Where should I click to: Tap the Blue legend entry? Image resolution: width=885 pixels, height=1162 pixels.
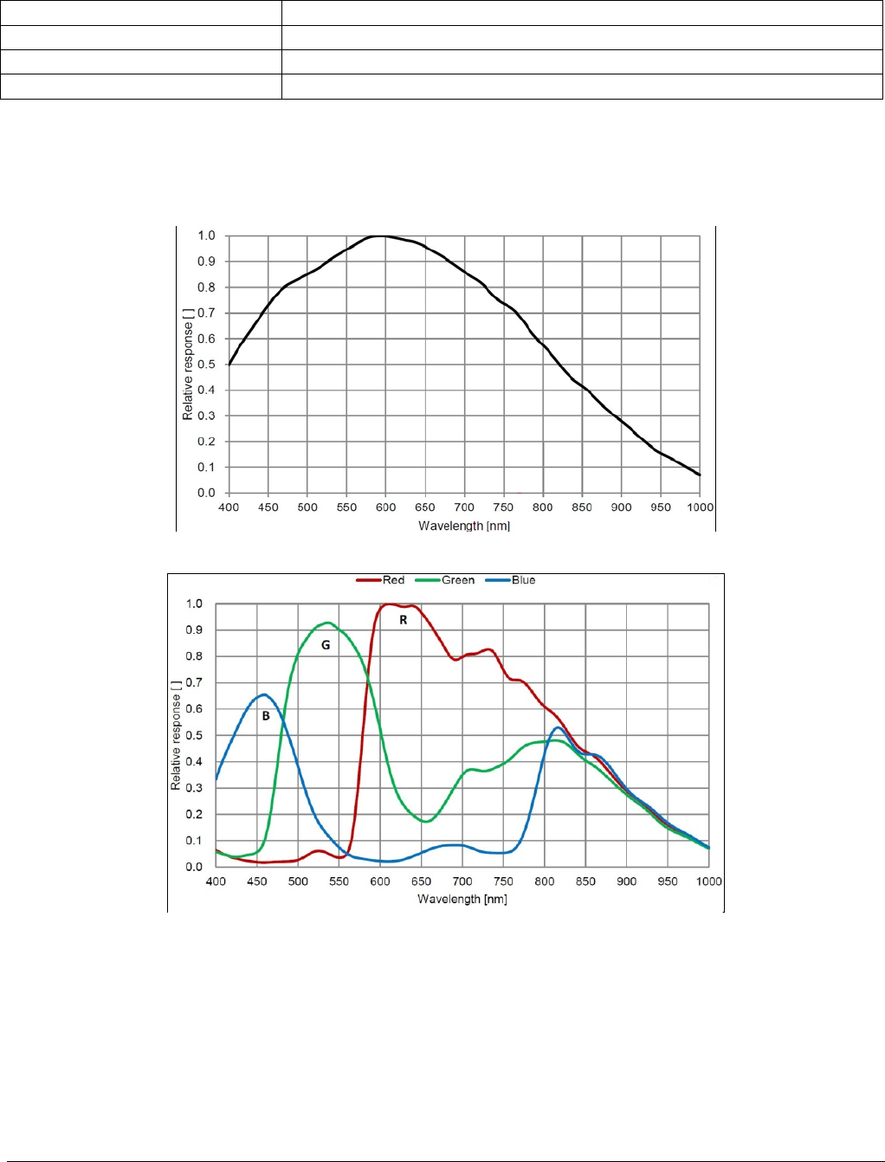(523, 580)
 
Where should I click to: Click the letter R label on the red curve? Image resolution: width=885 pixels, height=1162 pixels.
(404, 620)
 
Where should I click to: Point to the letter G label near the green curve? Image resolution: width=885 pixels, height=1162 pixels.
(326, 645)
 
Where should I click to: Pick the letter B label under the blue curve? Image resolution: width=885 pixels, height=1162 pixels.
(266, 716)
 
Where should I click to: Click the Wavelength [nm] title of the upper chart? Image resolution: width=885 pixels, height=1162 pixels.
(464, 526)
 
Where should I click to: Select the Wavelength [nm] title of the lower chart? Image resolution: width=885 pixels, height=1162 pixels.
(462, 899)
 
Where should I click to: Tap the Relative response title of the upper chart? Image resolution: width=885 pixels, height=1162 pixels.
(188, 364)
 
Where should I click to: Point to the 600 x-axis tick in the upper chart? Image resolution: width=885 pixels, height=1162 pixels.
(385, 507)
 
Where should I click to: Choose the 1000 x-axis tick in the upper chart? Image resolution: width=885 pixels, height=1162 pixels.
(700, 507)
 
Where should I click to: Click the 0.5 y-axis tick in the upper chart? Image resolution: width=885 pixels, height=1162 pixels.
(206, 365)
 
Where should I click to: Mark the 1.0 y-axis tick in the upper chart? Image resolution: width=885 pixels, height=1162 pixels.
(206, 236)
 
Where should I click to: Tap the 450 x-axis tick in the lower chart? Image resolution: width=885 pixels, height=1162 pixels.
(256, 881)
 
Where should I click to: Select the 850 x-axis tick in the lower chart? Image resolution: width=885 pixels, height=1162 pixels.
(585, 881)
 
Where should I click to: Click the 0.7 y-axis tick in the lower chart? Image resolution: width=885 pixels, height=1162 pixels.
(194, 683)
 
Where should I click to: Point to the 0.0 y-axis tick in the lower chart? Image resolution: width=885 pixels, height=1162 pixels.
(194, 867)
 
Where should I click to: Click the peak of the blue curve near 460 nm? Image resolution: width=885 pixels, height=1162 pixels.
(263, 694)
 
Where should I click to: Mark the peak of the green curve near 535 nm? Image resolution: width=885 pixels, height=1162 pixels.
(327, 623)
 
